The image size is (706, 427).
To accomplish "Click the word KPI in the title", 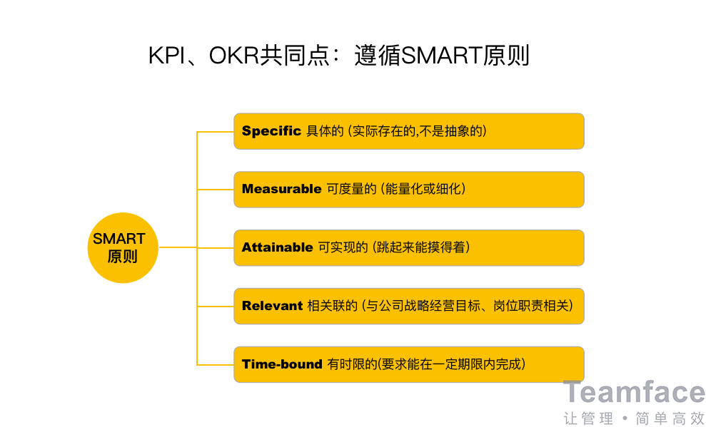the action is click(x=167, y=56).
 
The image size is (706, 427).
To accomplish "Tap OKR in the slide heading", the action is click(x=234, y=56).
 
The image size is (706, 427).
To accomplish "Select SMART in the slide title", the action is click(x=441, y=56).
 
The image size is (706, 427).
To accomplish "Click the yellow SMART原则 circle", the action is click(x=123, y=247).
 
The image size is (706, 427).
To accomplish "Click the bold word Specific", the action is click(x=271, y=131).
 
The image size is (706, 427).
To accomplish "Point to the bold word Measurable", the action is click(x=281, y=189).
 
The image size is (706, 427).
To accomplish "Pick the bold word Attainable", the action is click(x=278, y=247).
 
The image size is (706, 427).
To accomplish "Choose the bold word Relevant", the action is click(x=272, y=306).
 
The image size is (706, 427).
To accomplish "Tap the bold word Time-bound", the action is click(x=282, y=364).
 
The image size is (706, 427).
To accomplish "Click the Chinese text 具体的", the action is click(x=325, y=131).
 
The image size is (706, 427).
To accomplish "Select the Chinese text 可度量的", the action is click(x=351, y=189).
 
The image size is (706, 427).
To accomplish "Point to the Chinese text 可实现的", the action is click(x=343, y=247).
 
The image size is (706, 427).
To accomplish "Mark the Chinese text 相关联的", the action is click(x=332, y=306).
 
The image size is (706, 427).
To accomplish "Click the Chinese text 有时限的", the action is click(x=352, y=364).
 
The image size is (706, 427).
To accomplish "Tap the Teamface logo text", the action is click(x=634, y=392).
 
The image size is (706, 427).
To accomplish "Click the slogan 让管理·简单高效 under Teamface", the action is click(x=634, y=418).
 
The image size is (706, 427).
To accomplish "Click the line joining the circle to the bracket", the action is click(x=178, y=247).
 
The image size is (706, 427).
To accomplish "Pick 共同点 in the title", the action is click(x=295, y=56).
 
